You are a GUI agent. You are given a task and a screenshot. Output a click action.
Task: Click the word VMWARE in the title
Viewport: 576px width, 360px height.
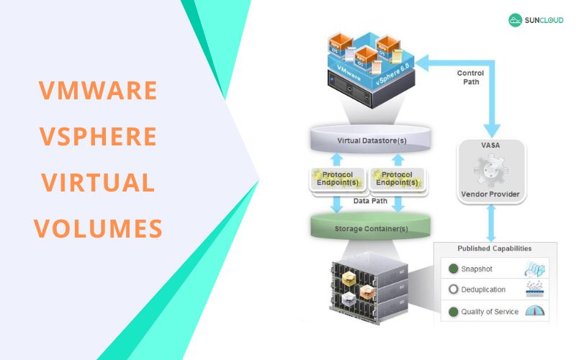click(x=98, y=90)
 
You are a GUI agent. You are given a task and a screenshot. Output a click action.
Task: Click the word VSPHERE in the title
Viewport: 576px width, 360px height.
click(x=98, y=136)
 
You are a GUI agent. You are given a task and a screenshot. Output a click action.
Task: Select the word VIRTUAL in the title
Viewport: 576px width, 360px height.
click(x=98, y=182)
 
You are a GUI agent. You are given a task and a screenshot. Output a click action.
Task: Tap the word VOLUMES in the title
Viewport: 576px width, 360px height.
click(x=98, y=228)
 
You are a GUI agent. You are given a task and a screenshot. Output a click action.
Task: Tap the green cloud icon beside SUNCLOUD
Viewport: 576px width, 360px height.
click(x=516, y=21)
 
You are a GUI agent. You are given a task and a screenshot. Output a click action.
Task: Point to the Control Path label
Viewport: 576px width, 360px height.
click(x=470, y=77)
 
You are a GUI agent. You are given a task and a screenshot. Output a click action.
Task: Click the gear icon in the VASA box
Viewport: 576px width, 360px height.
click(x=490, y=171)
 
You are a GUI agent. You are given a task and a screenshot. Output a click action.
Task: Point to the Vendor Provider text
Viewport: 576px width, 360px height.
click(x=490, y=194)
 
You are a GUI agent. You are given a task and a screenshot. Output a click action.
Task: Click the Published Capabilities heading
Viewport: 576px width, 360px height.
click(x=495, y=248)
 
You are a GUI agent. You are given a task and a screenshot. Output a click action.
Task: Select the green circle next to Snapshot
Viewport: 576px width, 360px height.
click(x=454, y=269)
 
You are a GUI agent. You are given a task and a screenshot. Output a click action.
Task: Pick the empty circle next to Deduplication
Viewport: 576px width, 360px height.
click(x=454, y=289)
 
